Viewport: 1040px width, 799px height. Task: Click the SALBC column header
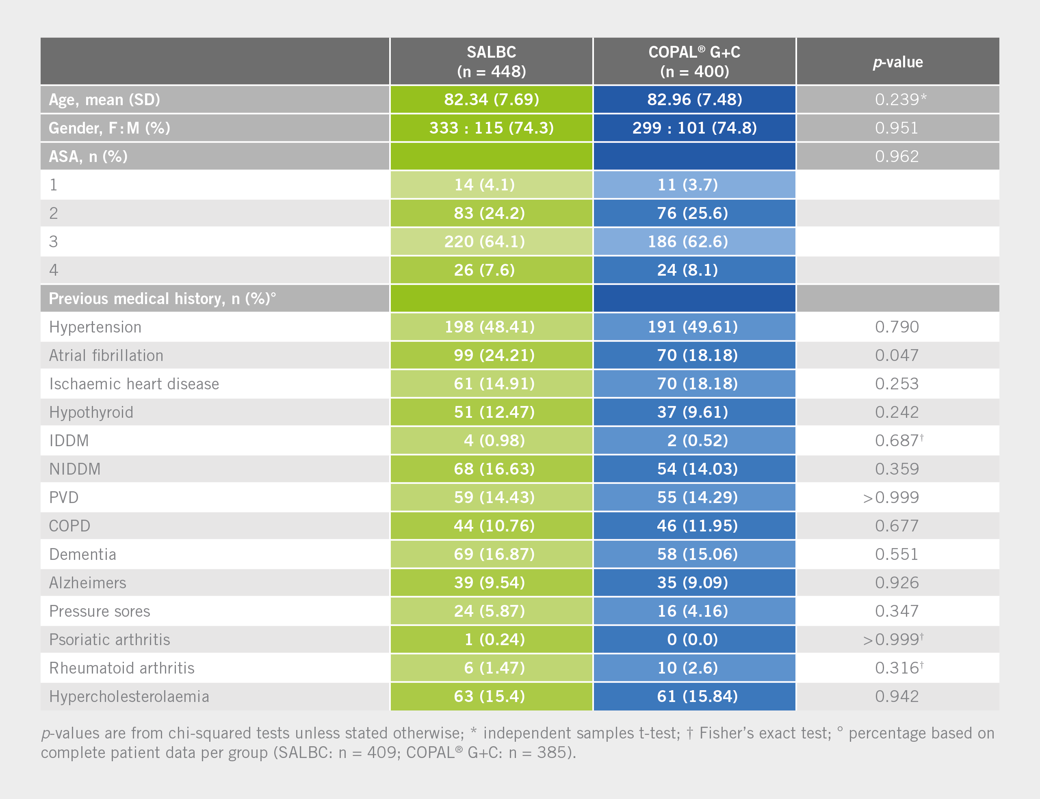click(x=491, y=61)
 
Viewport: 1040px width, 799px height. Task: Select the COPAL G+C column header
click(x=694, y=61)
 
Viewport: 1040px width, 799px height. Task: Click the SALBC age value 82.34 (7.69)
click(x=491, y=99)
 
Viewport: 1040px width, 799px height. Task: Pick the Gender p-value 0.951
click(x=896, y=128)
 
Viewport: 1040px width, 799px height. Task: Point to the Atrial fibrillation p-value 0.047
click(x=896, y=355)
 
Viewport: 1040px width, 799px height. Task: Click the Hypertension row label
click(x=95, y=327)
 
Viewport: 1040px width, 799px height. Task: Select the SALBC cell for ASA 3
click(x=484, y=242)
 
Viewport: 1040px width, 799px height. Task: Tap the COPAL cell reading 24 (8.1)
click(x=687, y=270)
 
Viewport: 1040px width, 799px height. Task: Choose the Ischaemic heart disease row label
click(x=134, y=384)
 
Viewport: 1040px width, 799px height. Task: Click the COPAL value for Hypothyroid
click(x=692, y=412)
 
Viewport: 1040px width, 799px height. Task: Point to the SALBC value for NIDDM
click(x=494, y=469)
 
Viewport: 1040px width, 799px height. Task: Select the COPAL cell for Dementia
click(x=697, y=554)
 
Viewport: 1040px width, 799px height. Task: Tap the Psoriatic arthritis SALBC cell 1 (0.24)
click(x=494, y=640)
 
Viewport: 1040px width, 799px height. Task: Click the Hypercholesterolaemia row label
click(x=129, y=697)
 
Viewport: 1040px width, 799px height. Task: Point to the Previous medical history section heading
click(x=162, y=299)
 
